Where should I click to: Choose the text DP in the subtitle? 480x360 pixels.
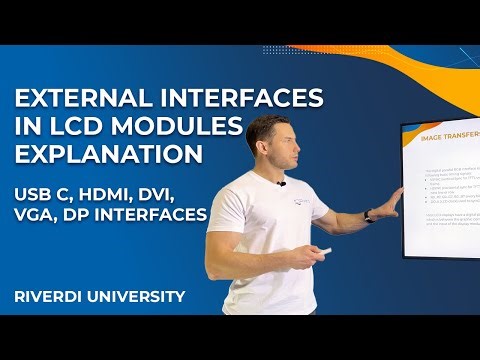click(x=97, y=214)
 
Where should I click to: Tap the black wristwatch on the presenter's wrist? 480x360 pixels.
click(x=369, y=215)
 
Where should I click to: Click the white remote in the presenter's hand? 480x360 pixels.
click(x=317, y=251)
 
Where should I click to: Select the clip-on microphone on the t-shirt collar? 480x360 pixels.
click(x=282, y=184)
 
